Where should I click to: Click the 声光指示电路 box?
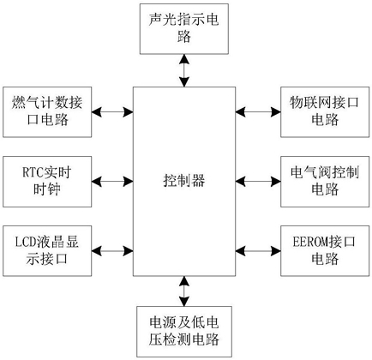click(184, 29)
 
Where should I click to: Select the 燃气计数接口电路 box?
click(47, 112)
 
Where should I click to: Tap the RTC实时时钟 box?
click(47, 182)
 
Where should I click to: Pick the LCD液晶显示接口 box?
click(47, 251)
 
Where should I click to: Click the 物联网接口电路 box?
click(325, 112)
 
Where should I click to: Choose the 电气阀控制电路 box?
click(325, 182)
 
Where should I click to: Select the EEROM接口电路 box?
click(325, 251)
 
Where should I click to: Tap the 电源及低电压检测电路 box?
click(184, 332)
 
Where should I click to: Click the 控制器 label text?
click(184, 181)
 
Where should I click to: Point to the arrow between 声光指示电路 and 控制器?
click(184, 70)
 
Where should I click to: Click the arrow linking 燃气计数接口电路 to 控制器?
click(112, 112)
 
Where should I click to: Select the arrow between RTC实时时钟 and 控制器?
click(112, 182)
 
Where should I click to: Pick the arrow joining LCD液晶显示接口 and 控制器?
click(112, 251)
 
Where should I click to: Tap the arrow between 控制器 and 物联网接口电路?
click(258, 112)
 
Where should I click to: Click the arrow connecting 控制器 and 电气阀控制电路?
click(258, 182)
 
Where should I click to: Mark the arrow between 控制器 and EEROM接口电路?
click(258, 251)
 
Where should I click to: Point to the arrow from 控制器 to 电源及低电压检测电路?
click(184, 291)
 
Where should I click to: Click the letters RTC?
click(33, 172)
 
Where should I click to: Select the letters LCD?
click(25, 243)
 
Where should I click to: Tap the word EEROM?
click(310, 242)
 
